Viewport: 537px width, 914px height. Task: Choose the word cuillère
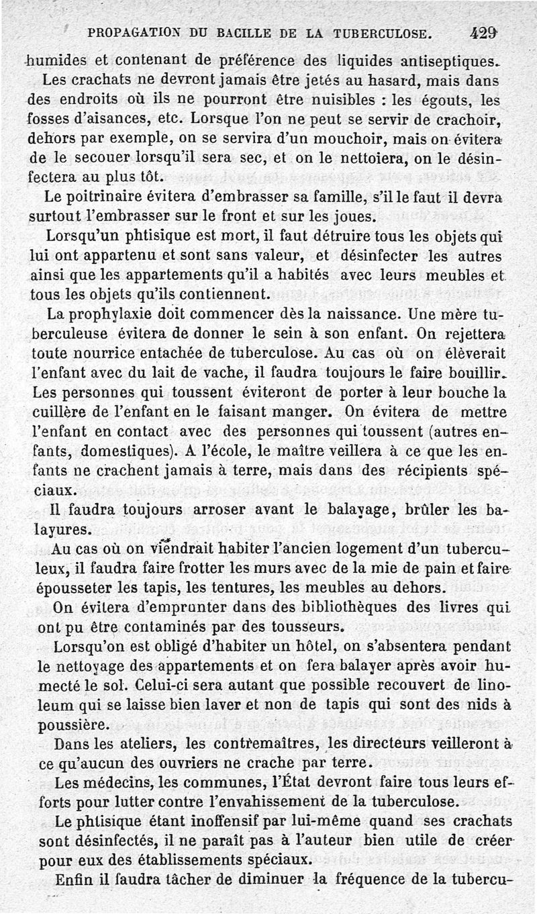(56, 411)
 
